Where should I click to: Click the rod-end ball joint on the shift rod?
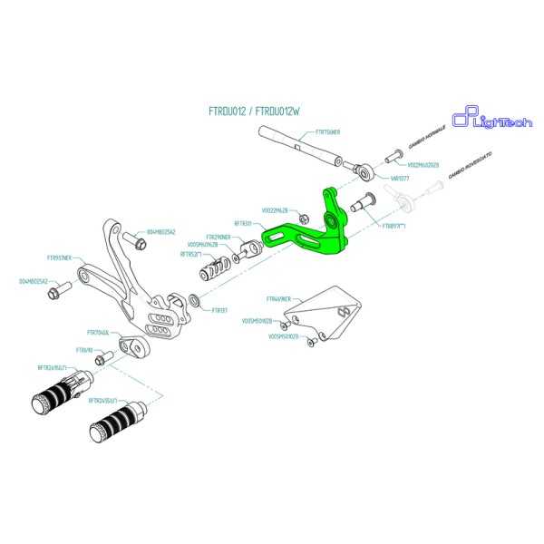pos(361,169)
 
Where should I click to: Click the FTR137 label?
pos(219,310)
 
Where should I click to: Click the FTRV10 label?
pos(84,349)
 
